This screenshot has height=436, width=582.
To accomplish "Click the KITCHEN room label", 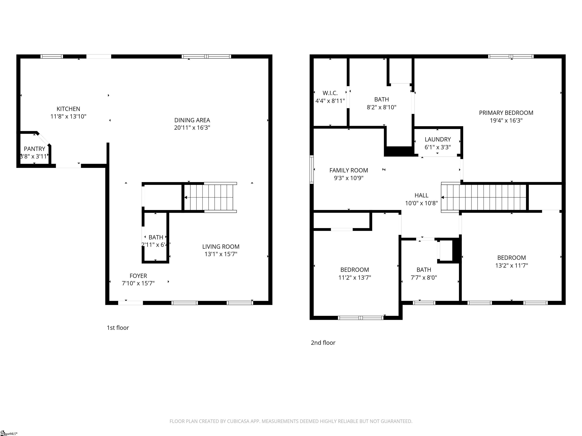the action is click(x=68, y=109).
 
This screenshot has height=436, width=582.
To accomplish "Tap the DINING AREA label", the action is click(x=192, y=120).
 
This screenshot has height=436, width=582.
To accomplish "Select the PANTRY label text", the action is click(x=34, y=149).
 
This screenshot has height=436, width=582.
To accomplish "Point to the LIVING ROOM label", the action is click(x=221, y=247).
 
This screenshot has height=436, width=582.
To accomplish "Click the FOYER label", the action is click(x=138, y=276).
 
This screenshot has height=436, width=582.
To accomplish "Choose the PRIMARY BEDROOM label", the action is click(x=506, y=113).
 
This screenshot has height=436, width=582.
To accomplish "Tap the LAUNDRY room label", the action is click(x=438, y=139).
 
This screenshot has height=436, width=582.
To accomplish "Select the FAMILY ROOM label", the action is click(x=349, y=170).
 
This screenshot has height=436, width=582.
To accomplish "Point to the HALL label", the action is click(x=421, y=195).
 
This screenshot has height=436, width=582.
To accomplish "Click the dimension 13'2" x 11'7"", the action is click(x=512, y=265).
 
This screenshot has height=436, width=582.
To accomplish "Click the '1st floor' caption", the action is click(x=118, y=328).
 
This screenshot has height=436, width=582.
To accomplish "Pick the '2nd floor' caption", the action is click(x=323, y=343).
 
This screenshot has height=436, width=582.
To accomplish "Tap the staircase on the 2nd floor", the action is click(x=484, y=197).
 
